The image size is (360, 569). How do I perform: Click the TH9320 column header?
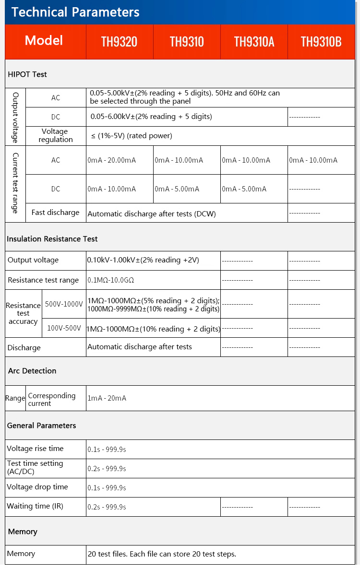tap(119, 42)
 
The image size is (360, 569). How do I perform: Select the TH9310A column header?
tap(254, 42)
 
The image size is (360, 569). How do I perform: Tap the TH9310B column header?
tap(321, 42)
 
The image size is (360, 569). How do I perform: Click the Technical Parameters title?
tap(75, 12)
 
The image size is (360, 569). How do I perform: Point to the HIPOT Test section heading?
tap(27, 74)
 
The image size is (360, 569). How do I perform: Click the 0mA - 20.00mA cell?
tap(111, 160)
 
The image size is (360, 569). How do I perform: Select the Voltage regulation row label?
tap(56, 136)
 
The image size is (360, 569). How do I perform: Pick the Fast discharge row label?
tap(55, 213)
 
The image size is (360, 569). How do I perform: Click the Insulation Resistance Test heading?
tap(52, 239)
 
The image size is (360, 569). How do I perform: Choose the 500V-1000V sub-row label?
tap(64, 304)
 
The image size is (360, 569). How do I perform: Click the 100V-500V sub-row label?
tap(64, 329)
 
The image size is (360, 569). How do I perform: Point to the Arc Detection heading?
tap(32, 371)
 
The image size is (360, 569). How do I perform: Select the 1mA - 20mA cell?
tap(107, 398)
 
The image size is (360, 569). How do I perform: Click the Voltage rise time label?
tap(35, 449)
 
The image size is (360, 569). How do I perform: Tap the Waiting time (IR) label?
tap(35, 506)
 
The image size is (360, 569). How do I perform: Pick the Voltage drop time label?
tap(37, 487)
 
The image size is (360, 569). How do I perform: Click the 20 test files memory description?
tap(162, 554)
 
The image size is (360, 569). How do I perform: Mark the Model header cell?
tap(44, 41)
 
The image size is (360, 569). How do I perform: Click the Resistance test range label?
tap(43, 280)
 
